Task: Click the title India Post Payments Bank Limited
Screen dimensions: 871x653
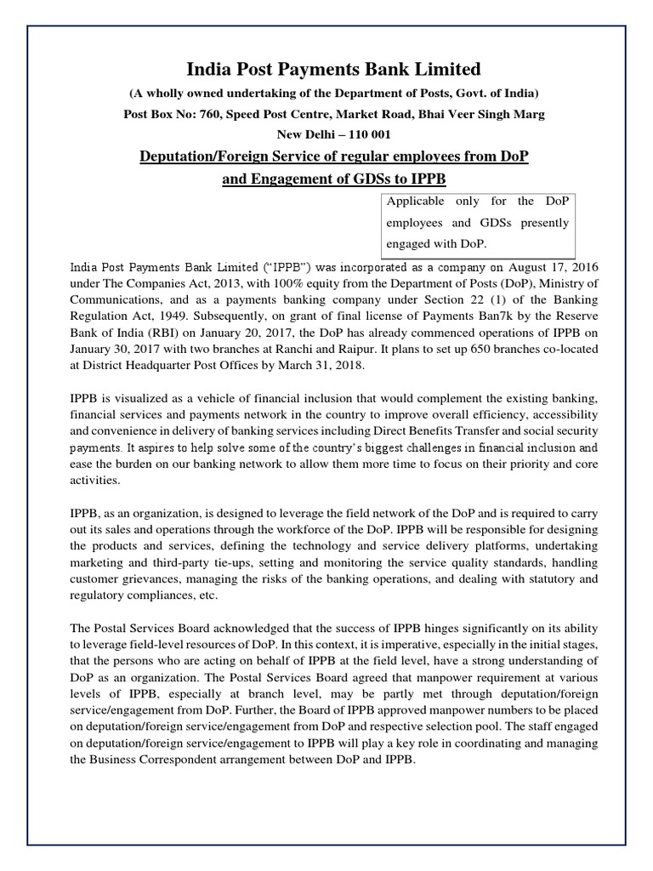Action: pos(326,68)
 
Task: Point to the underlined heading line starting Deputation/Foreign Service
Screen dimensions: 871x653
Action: pos(326,157)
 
